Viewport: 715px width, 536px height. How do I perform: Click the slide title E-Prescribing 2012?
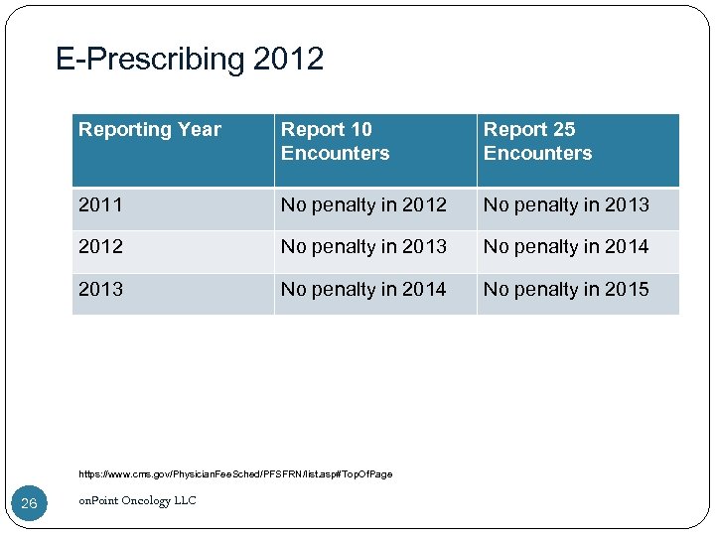(x=190, y=60)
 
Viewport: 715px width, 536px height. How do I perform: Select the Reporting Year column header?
(x=150, y=130)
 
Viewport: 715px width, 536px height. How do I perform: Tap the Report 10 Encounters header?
(x=335, y=141)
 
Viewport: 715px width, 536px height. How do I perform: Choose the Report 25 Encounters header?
(x=537, y=141)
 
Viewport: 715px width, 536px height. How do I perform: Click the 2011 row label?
(x=100, y=205)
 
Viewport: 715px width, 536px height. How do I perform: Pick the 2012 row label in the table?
(x=100, y=247)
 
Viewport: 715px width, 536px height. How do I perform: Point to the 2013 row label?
(x=100, y=290)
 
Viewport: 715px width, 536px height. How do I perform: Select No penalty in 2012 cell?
(x=363, y=205)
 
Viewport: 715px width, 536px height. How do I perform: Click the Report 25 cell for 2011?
(x=566, y=205)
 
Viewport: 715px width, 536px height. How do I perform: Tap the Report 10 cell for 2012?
(x=363, y=247)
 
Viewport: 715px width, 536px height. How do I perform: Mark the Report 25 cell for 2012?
(x=566, y=247)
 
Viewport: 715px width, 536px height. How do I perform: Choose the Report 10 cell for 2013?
(x=363, y=290)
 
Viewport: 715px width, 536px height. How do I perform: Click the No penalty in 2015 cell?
(x=566, y=290)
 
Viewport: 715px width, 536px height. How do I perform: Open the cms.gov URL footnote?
(x=235, y=474)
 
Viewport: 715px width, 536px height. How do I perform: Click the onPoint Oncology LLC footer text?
(x=137, y=501)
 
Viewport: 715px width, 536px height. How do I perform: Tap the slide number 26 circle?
(x=29, y=503)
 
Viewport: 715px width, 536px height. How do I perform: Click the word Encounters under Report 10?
(x=335, y=154)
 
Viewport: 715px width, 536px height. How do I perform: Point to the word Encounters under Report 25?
(x=537, y=154)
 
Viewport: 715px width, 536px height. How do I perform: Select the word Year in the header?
(x=200, y=130)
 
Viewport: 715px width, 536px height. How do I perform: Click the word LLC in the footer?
(x=185, y=501)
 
